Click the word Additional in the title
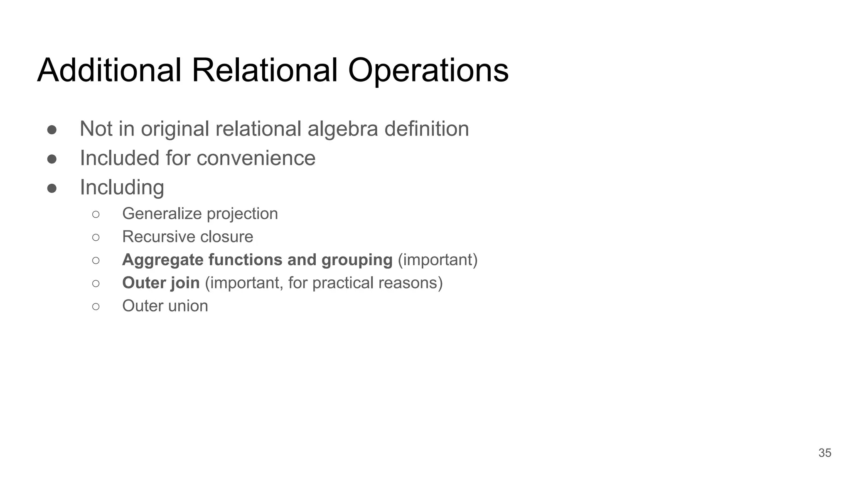tap(109, 70)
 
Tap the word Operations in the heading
tap(428, 70)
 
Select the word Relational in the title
tap(264, 70)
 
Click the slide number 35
tap(824, 453)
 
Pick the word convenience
tap(256, 158)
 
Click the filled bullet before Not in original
tap(52, 130)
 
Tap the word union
tap(189, 306)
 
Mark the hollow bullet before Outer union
tap(96, 307)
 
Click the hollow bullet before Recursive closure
tap(96, 237)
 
